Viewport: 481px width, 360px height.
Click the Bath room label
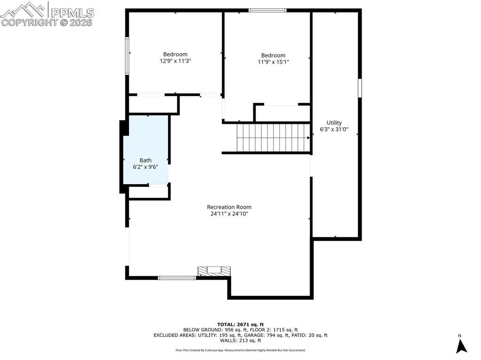click(x=146, y=160)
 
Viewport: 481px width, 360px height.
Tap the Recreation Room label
click(x=229, y=207)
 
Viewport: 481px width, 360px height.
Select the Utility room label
click(x=334, y=123)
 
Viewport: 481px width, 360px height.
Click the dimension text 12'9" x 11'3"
click(x=175, y=61)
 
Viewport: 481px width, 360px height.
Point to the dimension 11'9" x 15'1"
click(x=273, y=62)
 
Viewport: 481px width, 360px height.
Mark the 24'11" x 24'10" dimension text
click(x=229, y=214)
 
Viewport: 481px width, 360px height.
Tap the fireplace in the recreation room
click(x=214, y=271)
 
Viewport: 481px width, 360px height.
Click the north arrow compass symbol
click(x=461, y=346)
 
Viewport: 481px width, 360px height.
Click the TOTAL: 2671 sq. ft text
click(x=240, y=324)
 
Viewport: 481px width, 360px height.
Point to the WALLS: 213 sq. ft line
click(x=240, y=341)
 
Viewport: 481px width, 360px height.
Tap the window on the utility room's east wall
click(x=360, y=88)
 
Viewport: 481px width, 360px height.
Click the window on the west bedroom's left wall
click(x=127, y=56)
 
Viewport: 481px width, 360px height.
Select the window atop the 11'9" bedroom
click(x=267, y=10)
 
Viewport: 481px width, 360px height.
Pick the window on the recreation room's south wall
click(x=177, y=278)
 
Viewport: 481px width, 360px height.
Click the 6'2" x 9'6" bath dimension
click(x=146, y=167)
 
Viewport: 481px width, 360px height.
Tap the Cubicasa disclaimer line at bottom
click(x=240, y=350)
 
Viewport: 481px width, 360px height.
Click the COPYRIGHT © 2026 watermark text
click(x=47, y=22)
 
